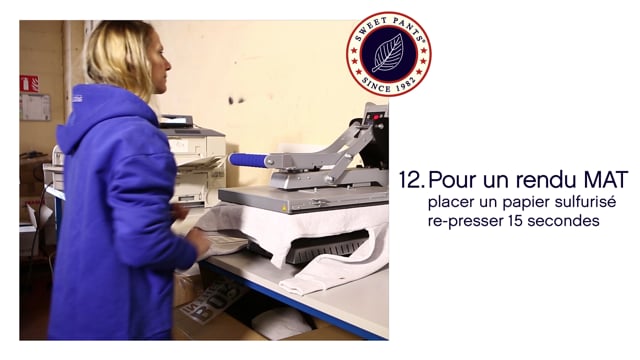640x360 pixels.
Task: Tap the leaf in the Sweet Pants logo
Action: [388, 54]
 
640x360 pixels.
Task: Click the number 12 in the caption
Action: [410, 181]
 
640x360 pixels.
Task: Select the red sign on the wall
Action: [29, 83]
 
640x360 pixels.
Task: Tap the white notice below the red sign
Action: [34, 107]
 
